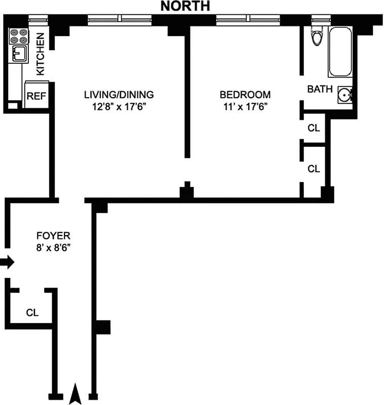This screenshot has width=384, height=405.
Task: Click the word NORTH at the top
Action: tap(185, 6)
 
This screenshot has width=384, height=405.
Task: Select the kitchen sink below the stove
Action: tap(19, 53)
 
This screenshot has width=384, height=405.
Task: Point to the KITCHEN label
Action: tap(41, 54)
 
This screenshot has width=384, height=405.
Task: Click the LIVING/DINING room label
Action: tap(119, 95)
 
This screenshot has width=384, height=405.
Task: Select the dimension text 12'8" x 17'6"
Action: tap(119, 106)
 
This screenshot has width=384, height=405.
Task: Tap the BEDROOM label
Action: tap(245, 95)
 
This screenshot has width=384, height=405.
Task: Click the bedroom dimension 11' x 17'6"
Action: tap(245, 106)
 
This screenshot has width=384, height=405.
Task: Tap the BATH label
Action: tap(320, 90)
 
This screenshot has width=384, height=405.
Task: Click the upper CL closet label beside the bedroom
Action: tap(314, 128)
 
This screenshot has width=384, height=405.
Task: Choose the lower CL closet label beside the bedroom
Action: tap(314, 168)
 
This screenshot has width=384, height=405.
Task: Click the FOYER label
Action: tap(53, 235)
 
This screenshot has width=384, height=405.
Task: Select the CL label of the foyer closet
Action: tap(32, 312)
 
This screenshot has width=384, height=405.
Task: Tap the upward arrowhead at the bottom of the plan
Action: tap(75, 394)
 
